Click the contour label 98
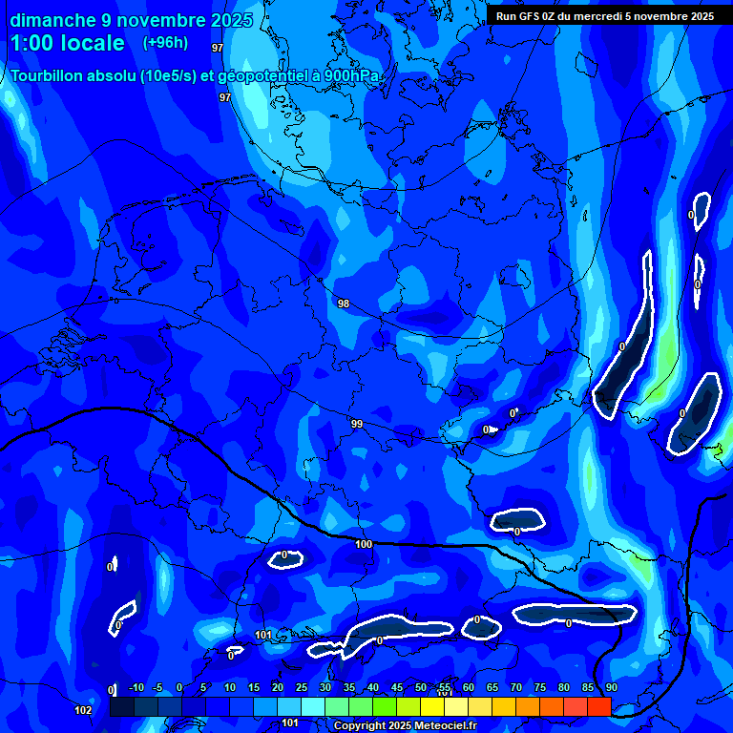click(344, 304)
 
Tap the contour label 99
click(357, 424)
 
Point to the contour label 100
click(364, 544)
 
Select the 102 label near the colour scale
click(84, 710)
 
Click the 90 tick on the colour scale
click(611, 687)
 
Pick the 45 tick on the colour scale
click(396, 687)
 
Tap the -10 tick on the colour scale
click(136, 687)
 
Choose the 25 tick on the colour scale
click(301, 687)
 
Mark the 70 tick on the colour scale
click(515, 687)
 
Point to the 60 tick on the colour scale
click(468, 687)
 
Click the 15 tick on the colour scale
click(253, 687)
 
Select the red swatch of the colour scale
click(598, 706)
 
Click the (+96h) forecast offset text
click(165, 42)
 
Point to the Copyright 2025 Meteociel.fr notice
click(405, 725)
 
